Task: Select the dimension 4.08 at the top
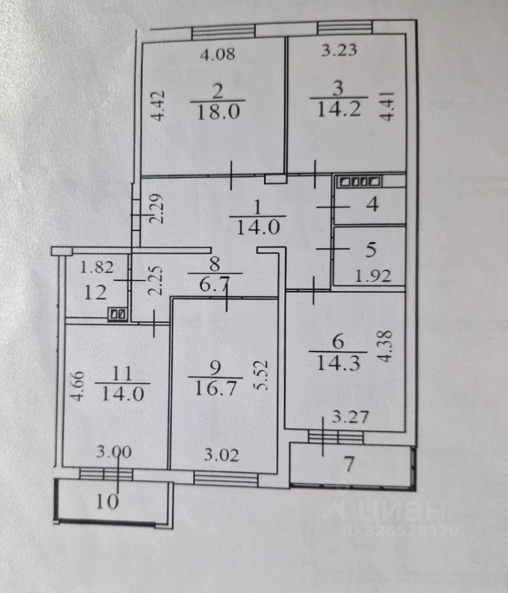[217, 54]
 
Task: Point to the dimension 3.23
[339, 51]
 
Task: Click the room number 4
[372, 204]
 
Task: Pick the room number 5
[370, 250]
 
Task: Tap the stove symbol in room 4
[359, 182]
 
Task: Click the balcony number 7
[349, 465]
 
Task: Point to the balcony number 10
[108, 502]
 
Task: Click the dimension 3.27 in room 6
[355, 417]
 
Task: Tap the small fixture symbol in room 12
[118, 314]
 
